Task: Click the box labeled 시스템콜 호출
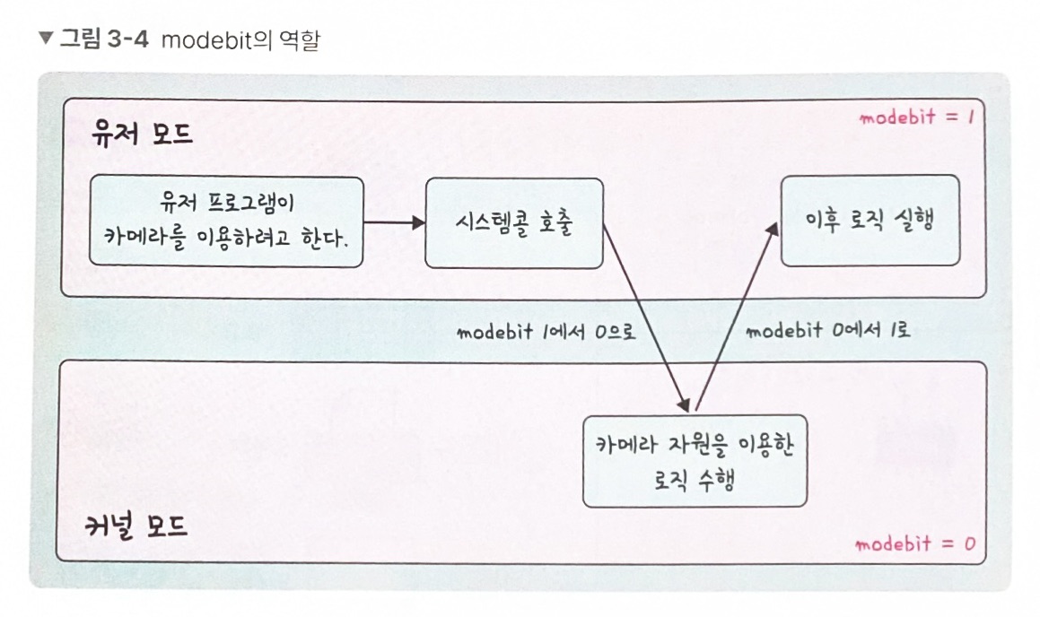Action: [513, 222]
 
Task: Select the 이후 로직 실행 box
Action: [870, 221]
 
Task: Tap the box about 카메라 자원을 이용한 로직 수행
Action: [695, 461]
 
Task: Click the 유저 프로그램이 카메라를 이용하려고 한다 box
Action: [226, 222]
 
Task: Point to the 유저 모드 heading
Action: [142, 135]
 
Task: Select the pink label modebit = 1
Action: [916, 117]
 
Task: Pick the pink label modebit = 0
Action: [914, 544]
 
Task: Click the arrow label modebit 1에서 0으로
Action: [546, 332]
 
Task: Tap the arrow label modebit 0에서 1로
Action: [827, 330]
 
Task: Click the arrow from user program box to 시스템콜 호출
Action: [394, 222]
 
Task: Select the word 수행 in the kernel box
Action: [714, 478]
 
